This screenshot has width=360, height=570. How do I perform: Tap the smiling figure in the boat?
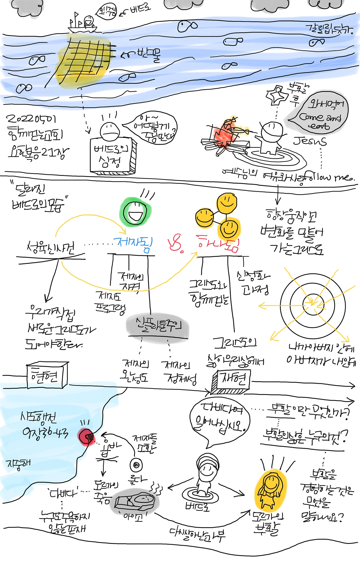click(x=89, y=21)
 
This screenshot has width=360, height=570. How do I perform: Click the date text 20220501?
click(x=31, y=119)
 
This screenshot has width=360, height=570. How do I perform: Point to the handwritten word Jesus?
click(x=310, y=141)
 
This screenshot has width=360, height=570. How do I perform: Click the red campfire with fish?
click(x=225, y=134)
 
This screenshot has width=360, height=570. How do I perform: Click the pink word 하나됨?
click(x=218, y=244)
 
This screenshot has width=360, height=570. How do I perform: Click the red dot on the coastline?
click(x=86, y=436)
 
